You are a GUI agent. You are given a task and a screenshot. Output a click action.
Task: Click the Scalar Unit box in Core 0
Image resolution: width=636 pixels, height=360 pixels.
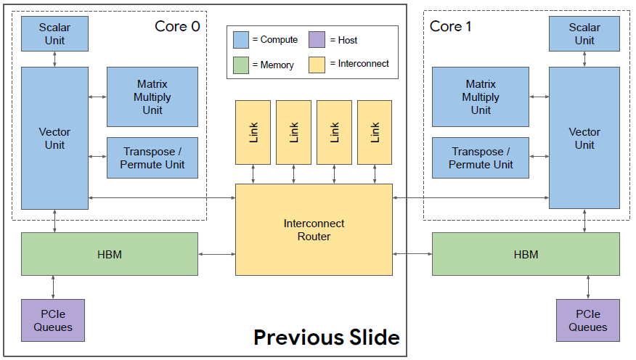(54, 33)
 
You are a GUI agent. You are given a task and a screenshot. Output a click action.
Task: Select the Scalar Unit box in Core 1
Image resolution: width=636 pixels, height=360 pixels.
(584, 33)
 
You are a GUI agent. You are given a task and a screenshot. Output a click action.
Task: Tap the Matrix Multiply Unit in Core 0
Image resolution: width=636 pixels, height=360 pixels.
(152, 97)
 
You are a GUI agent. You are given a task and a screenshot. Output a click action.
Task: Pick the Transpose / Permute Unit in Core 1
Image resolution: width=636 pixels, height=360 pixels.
(481, 157)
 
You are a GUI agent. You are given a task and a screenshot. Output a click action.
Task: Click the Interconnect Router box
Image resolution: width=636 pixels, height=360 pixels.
(314, 230)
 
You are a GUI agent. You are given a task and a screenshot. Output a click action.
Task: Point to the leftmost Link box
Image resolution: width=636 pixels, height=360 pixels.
(253, 133)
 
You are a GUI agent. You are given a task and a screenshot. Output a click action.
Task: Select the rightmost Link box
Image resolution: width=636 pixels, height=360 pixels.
(375, 133)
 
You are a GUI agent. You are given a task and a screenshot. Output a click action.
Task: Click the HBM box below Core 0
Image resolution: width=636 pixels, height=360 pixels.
(110, 254)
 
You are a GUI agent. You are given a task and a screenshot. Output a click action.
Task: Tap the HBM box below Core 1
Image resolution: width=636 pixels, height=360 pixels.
(526, 254)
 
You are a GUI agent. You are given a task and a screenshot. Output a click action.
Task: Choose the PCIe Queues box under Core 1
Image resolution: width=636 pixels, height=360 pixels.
(588, 320)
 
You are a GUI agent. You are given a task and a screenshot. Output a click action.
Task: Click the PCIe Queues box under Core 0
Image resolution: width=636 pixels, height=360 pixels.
(53, 320)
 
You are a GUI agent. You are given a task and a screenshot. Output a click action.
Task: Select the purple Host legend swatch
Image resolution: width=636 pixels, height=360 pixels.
(317, 40)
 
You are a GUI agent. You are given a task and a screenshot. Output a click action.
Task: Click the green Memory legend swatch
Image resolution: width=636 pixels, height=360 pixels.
(241, 65)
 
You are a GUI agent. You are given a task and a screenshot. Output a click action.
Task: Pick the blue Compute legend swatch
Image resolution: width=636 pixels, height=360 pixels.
(241, 40)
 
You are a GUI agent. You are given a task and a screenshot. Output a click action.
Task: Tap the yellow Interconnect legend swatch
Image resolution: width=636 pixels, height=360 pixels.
(317, 65)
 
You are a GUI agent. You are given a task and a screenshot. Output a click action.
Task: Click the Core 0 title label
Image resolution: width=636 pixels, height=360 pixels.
(177, 26)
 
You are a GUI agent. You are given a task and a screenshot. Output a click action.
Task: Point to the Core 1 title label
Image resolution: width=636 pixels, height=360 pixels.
(450, 26)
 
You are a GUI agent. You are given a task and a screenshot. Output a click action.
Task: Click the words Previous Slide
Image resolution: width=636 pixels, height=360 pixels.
(327, 337)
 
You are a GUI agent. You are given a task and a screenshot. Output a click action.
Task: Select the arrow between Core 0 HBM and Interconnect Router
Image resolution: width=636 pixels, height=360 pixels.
(217, 254)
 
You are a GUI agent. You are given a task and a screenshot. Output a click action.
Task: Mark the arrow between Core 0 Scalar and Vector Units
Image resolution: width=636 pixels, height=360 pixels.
(54, 60)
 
